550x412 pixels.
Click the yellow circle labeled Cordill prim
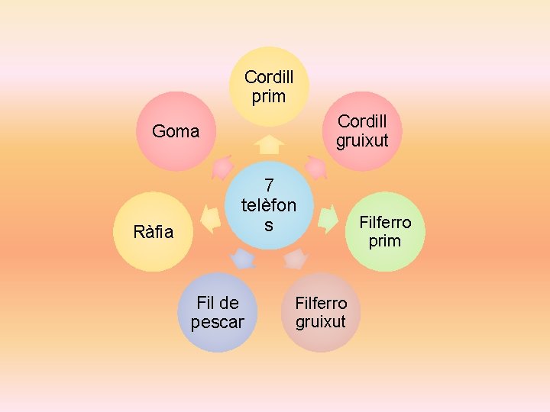269,86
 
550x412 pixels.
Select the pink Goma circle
176,131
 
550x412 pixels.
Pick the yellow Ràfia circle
154,231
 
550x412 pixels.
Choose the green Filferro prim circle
384,231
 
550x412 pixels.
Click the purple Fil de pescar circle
217,312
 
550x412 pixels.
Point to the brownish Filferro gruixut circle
321,312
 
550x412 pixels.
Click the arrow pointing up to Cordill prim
269,144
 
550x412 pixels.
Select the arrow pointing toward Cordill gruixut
315,166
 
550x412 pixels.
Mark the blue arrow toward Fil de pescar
243,259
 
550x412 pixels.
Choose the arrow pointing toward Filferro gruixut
294,259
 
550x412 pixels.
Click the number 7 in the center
269,185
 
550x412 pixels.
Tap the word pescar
217,322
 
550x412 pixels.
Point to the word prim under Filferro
384,241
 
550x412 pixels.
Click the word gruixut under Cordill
362,141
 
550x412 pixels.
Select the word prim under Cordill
269,96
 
